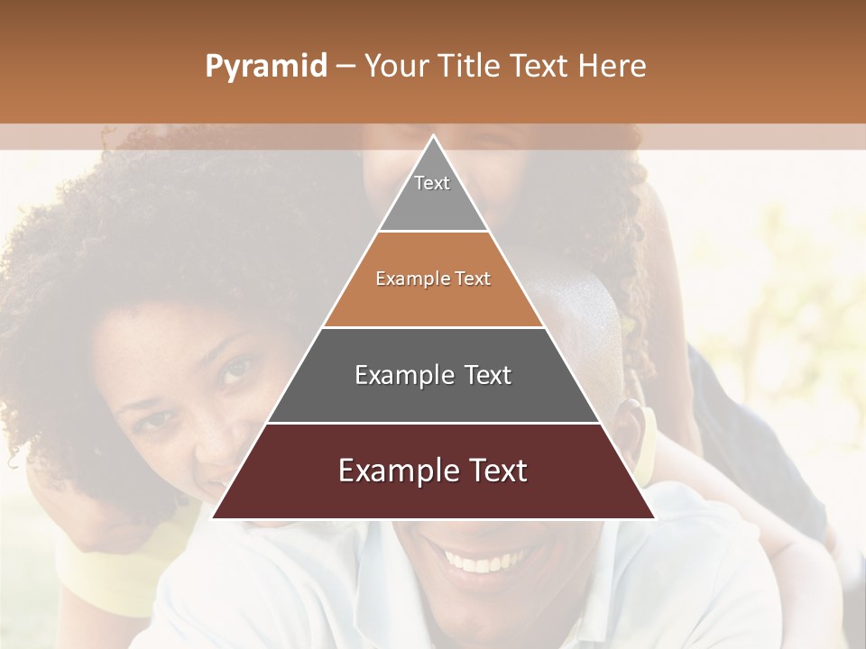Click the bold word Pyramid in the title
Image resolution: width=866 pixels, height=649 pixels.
click(265, 67)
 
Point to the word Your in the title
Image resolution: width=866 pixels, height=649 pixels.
click(397, 67)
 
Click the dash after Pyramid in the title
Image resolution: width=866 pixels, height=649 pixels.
click(345, 67)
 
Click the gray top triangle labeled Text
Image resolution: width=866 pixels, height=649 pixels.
click(433, 194)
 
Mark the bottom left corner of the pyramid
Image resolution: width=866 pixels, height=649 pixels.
click(214, 517)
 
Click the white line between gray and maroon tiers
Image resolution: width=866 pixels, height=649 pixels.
click(433, 423)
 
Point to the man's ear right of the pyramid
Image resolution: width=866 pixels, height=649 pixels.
click(641, 433)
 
